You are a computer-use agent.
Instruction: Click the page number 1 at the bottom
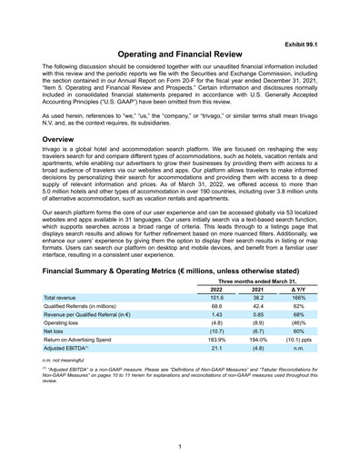click(180, 446)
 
